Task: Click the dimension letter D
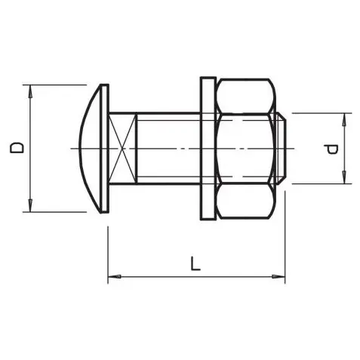click(x=17, y=148)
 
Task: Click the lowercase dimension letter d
click(x=331, y=149)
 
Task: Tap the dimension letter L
click(x=195, y=263)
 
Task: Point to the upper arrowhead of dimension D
click(x=30, y=91)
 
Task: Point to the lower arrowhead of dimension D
click(x=30, y=205)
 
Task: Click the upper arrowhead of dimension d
click(x=344, y=119)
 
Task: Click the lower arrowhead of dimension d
click(x=344, y=177)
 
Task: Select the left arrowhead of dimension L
click(x=115, y=277)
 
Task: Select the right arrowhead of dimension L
click(x=278, y=277)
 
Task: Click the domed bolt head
click(x=91, y=149)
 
